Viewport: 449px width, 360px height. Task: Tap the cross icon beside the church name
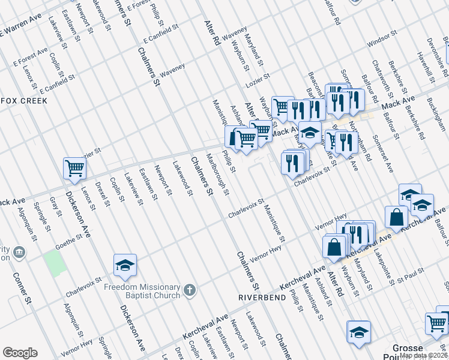(190, 292)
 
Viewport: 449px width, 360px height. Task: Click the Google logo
(20, 353)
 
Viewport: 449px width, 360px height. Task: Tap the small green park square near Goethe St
(55, 263)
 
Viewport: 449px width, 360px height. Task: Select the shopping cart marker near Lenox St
(74, 169)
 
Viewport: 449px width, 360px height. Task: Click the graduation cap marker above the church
(125, 265)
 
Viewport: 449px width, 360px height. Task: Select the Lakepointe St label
(382, 267)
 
